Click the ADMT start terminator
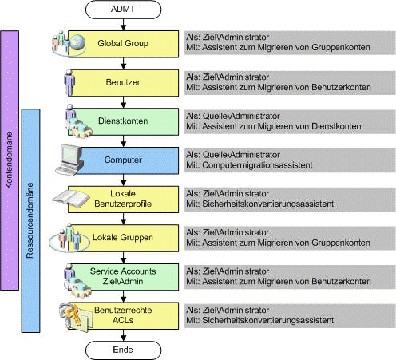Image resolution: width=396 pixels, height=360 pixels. [123, 10]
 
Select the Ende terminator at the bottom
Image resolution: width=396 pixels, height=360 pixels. [123, 350]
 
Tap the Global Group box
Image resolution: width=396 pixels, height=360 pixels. [123, 44]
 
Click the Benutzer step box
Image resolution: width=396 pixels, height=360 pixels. [123, 83]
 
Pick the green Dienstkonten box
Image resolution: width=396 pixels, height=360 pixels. [123, 121]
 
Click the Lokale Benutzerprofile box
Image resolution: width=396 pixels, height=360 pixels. [123, 200]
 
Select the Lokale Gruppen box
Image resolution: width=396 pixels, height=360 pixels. [123, 238]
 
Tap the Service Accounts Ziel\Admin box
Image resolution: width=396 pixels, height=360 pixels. [123, 277]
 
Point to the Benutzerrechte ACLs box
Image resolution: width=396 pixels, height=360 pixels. [123, 315]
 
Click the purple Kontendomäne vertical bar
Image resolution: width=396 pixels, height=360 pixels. [10, 160]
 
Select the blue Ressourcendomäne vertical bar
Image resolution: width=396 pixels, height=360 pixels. [30, 220]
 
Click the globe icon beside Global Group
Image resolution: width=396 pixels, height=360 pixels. [77, 42]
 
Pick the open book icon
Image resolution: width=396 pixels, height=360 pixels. [71, 199]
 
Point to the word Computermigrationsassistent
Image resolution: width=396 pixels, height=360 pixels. [257, 165]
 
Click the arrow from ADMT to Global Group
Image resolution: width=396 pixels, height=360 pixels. [123, 25]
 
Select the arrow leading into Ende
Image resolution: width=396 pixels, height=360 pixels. [123, 335]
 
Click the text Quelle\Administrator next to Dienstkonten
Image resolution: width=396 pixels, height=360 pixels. [241, 116]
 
